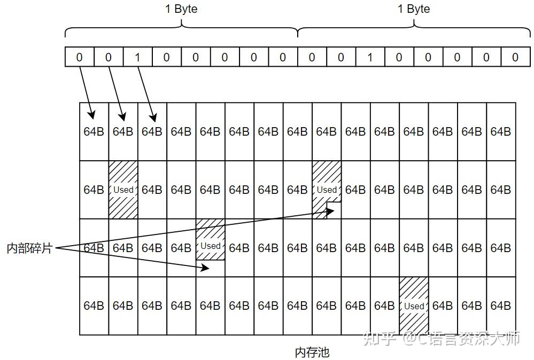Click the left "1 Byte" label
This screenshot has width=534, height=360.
pyautogui.click(x=182, y=9)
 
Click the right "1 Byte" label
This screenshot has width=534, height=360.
pyautogui.click(x=414, y=9)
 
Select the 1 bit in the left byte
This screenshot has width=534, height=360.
pyautogui.click(x=137, y=57)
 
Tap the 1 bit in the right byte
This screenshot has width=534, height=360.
pyautogui.click(x=370, y=57)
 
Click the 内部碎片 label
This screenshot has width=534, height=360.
pyautogui.click(x=29, y=248)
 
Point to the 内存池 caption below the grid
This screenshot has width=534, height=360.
pyautogui.click(x=312, y=353)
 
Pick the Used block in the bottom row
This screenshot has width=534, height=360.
pyautogui.click(x=414, y=306)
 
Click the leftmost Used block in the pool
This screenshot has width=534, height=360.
pyautogui.click(x=123, y=190)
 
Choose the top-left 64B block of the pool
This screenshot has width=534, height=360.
pyautogui.click(x=94, y=131)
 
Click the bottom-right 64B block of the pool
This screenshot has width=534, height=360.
pyautogui.click(x=501, y=306)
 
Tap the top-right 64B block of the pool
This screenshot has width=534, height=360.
pyautogui.click(x=501, y=131)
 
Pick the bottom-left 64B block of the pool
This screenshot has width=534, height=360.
pyautogui.click(x=94, y=306)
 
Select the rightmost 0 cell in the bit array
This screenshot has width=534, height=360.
pyautogui.click(x=515, y=57)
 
